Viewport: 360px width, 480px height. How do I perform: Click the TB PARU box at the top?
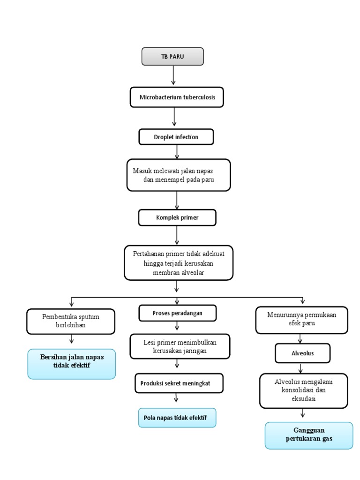[173, 57]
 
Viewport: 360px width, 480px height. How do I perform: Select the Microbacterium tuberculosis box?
[176, 97]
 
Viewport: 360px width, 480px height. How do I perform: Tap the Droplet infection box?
[176, 137]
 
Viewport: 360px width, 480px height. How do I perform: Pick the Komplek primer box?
[177, 217]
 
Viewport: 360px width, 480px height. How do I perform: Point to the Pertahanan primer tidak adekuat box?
[178, 262]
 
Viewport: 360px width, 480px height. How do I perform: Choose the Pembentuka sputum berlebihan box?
[70, 321]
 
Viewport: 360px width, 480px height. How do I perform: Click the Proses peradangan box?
[178, 313]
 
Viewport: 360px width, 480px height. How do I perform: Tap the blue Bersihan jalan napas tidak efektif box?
[71, 364]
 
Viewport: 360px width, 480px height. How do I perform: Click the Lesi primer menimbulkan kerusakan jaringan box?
[180, 346]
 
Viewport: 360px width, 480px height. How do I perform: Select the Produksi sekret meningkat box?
[179, 383]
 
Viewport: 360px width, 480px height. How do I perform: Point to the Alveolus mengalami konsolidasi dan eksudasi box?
[303, 390]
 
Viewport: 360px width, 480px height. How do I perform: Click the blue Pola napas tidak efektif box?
[177, 417]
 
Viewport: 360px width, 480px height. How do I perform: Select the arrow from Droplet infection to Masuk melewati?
[177, 151]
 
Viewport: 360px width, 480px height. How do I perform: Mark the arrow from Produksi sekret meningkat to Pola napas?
[176, 397]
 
